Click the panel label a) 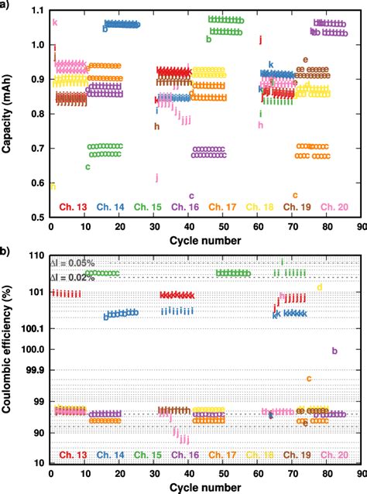(6, 5)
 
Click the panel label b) (6, 251)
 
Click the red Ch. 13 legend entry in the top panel (70, 206)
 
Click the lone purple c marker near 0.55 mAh (191, 196)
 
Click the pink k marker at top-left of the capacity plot (54, 22)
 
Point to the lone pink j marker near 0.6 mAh (157, 177)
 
